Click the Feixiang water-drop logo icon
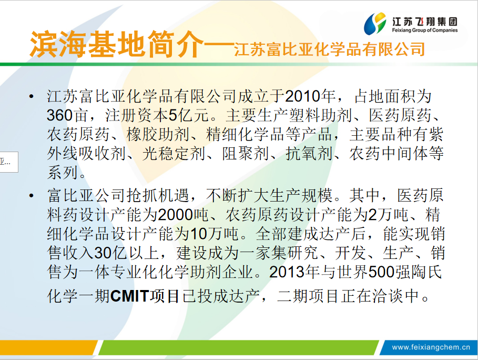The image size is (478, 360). (x=375, y=24)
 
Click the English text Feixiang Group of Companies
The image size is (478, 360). (x=425, y=30)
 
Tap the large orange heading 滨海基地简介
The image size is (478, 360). (x=117, y=45)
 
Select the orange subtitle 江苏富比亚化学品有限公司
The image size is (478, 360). (x=330, y=49)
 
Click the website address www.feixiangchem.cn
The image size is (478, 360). (x=431, y=347)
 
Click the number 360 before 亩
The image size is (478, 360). (x=60, y=116)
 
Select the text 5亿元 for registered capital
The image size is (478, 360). (x=189, y=115)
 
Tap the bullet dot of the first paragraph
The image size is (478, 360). (x=31, y=96)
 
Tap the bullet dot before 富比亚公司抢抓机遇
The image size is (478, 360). (x=31, y=196)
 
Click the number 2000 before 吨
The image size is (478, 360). (x=176, y=215)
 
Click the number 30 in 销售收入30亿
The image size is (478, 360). (x=103, y=253)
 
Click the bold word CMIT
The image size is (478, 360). (x=129, y=296)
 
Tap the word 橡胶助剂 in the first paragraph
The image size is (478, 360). (x=157, y=135)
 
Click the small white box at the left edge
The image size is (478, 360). (x=9, y=162)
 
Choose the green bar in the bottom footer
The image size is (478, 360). (x=238, y=347)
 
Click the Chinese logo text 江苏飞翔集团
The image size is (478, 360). (x=425, y=22)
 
